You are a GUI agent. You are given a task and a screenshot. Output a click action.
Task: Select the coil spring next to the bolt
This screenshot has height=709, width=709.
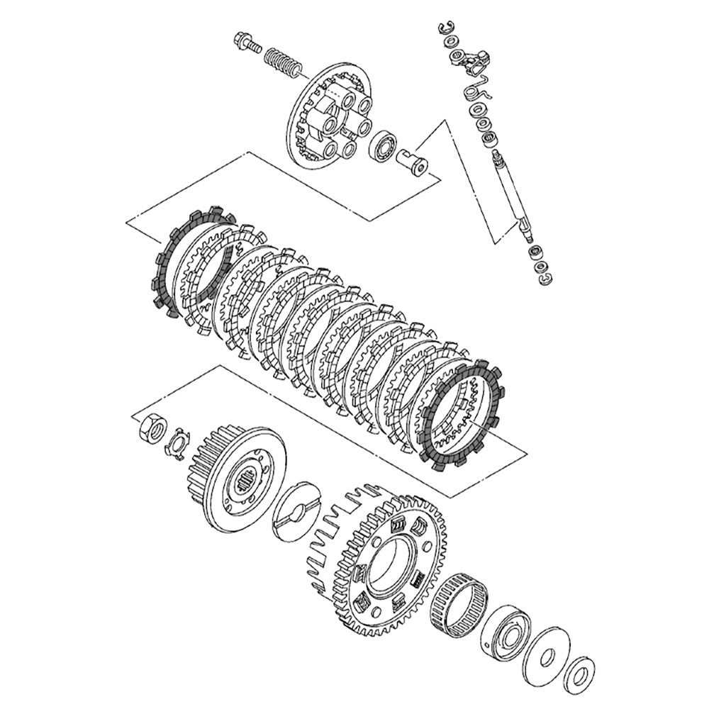tap(284, 60)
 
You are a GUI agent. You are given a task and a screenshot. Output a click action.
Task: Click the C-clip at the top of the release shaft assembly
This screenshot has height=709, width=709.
tap(444, 28)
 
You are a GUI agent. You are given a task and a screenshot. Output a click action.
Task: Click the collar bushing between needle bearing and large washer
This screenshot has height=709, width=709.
tap(504, 630)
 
